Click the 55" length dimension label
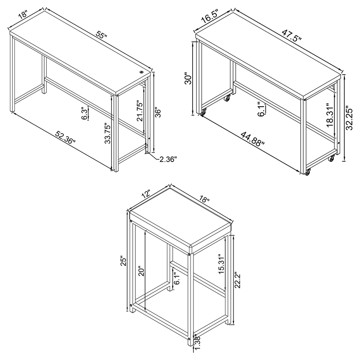102,35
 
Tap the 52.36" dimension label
65,137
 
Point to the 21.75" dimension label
139,111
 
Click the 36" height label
158,112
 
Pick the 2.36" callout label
168,159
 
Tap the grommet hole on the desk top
141,72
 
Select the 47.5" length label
291,34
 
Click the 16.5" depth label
210,16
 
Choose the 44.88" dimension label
252,139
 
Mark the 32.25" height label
350,118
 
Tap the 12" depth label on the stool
145,194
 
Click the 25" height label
124,261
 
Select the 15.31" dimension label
221,264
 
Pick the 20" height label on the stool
141,272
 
